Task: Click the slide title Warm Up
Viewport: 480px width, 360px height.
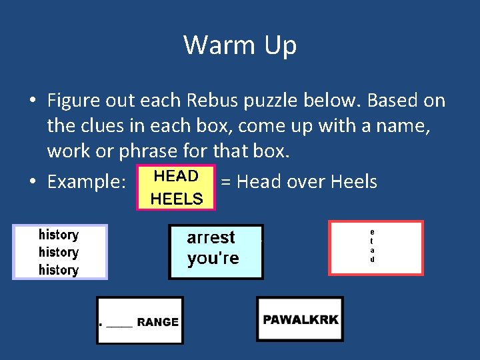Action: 240,45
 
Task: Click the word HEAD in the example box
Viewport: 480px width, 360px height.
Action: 176,176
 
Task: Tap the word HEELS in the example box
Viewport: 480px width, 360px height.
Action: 177,199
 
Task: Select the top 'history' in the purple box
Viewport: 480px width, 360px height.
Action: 59,235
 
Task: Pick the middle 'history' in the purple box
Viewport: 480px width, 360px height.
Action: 59,252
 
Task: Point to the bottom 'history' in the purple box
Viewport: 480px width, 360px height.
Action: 59,270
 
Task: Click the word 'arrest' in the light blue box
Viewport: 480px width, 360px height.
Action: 211,238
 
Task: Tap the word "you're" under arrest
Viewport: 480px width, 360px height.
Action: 213,259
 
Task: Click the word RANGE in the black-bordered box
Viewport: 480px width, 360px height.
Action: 157,322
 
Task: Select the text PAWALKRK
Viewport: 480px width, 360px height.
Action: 300,319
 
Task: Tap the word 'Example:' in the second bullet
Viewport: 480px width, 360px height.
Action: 87,182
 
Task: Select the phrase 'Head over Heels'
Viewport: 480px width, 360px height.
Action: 307,182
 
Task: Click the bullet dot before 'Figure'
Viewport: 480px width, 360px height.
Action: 32,101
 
